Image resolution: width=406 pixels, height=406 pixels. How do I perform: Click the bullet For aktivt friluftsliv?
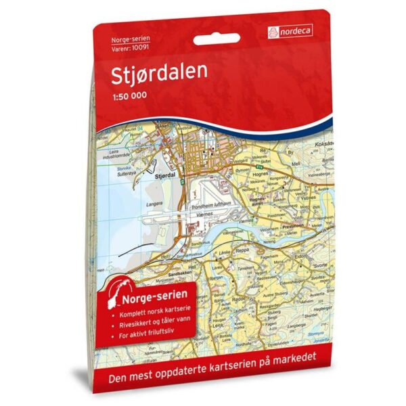[147, 336]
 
